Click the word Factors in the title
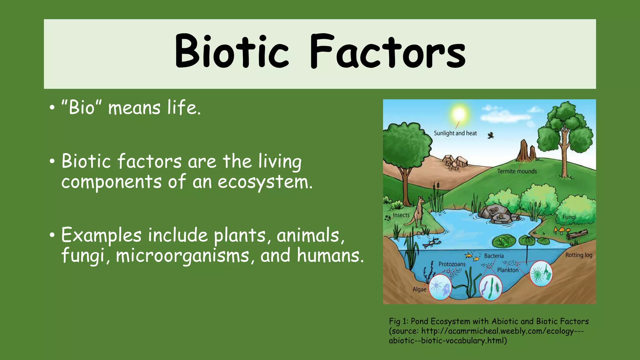(x=387, y=52)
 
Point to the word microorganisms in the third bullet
(x=182, y=256)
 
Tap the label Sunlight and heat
(x=455, y=133)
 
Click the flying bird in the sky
(x=491, y=135)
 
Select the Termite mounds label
(x=517, y=171)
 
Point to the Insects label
(x=401, y=215)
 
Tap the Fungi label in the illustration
(x=569, y=217)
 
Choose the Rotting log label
(x=579, y=255)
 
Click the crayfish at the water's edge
(x=432, y=242)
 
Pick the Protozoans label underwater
(x=452, y=264)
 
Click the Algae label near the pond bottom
(x=419, y=289)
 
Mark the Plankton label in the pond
(x=507, y=270)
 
